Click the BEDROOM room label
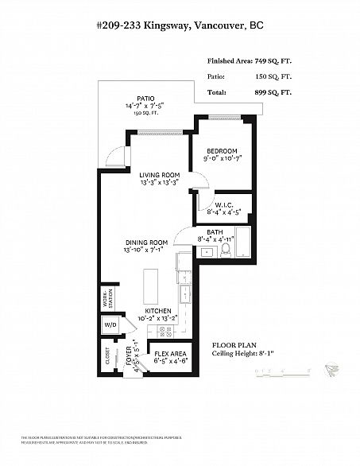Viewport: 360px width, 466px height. pyautogui.click(x=222, y=150)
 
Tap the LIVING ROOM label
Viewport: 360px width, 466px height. pyautogui.click(x=159, y=175)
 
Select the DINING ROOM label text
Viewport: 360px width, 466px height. pyautogui.click(x=145, y=243)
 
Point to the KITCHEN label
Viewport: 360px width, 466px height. pyautogui.click(x=159, y=312)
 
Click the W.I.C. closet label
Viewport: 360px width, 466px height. pyautogui.click(x=223, y=204)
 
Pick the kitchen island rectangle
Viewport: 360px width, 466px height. pyautogui.click(x=149, y=284)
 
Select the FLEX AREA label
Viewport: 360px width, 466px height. pyautogui.click(x=170, y=353)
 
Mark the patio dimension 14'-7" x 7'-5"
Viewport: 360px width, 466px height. pyautogui.click(x=144, y=106)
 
